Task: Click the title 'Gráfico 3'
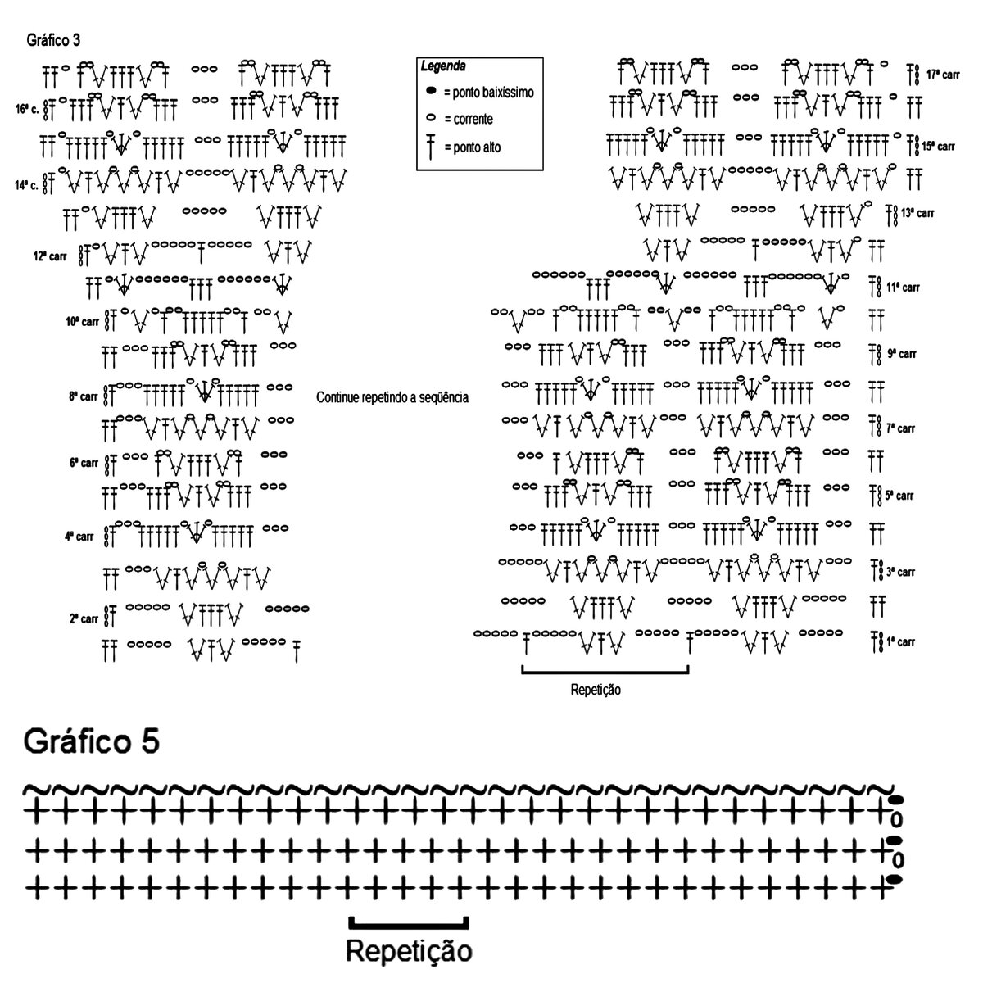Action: point(53,39)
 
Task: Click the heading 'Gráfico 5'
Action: point(92,741)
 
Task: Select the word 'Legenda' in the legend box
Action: point(443,66)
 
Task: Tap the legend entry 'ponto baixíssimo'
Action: point(488,93)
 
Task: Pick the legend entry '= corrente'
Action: point(468,120)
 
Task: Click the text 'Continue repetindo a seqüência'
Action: point(392,397)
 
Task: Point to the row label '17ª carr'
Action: point(943,74)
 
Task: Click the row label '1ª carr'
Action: point(900,641)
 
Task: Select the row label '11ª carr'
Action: point(903,288)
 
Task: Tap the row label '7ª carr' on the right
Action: point(900,428)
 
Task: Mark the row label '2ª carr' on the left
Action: point(84,618)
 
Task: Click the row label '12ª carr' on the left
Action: point(50,256)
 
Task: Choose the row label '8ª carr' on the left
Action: point(84,396)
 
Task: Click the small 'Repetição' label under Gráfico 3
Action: point(596,690)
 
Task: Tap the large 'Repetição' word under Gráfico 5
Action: point(409,952)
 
